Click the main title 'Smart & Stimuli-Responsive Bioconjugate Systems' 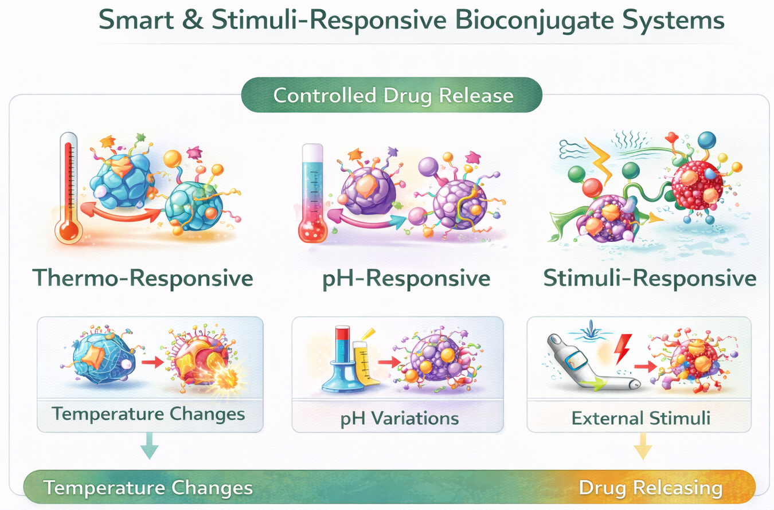[411, 21]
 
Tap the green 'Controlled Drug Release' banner [392, 95]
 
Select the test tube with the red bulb [312, 195]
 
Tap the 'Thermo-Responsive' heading [143, 278]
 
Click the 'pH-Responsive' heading [405, 278]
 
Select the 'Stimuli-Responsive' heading [650, 278]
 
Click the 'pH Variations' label [399, 418]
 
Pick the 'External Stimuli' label [641, 418]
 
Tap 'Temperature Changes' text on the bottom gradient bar [148, 488]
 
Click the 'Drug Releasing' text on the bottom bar [650, 488]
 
